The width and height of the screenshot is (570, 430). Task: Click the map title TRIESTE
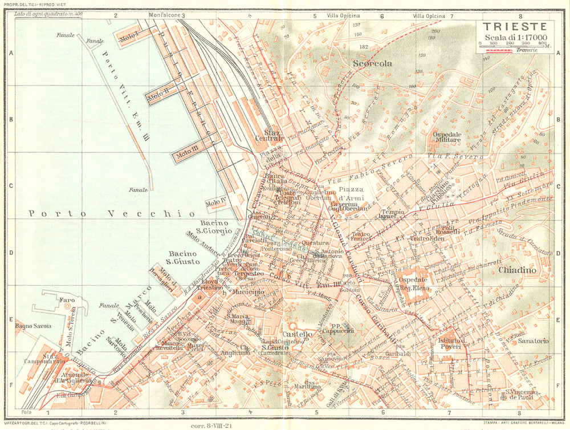pyautogui.click(x=515, y=27)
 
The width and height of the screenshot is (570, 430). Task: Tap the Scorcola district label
pyautogui.click(x=372, y=64)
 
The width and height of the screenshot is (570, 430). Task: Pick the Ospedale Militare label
pyautogui.click(x=447, y=137)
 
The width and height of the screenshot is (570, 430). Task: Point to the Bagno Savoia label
pyautogui.click(x=34, y=326)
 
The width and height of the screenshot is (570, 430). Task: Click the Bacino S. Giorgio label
pyautogui.click(x=215, y=227)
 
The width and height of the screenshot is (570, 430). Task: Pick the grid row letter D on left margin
pyautogui.click(x=10, y=253)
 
